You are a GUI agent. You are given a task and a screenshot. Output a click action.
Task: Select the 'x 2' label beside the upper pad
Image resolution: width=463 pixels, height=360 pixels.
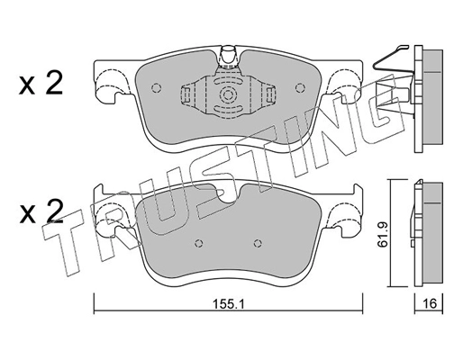pyautogui.click(x=41, y=85)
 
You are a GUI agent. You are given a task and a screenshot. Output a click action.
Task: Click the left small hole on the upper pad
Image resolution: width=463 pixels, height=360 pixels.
pyautogui.click(x=156, y=88)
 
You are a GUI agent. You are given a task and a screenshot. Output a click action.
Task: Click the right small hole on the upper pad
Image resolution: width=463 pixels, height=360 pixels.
pyautogui.click(x=293, y=88)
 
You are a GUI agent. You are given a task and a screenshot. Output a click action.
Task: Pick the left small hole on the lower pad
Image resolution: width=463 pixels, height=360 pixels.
pyautogui.click(x=197, y=242)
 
